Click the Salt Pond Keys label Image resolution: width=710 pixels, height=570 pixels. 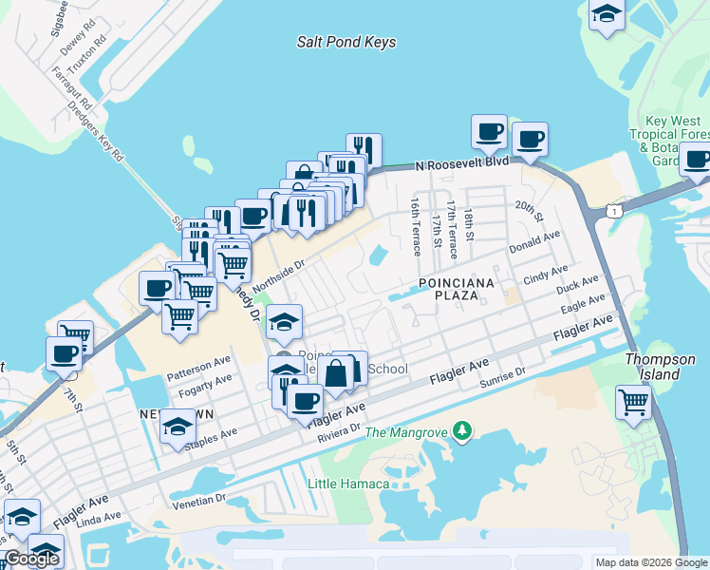(346, 43)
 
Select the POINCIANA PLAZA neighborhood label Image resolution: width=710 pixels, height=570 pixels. (454, 290)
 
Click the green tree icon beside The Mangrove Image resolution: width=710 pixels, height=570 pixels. (462, 432)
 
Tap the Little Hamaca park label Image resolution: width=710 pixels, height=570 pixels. (348, 484)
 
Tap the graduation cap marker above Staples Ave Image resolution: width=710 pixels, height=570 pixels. (177, 427)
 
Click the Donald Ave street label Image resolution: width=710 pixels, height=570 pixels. (534, 241)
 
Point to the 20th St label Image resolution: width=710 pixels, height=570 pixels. (528, 211)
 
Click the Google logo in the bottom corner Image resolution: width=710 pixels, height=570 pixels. (31, 559)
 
